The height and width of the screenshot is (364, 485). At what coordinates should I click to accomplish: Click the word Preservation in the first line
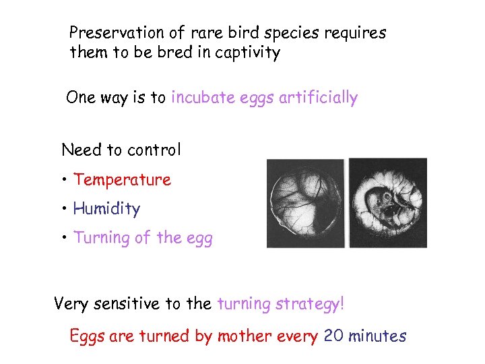coord(117,32)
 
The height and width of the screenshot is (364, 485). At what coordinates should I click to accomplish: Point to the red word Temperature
coord(122,180)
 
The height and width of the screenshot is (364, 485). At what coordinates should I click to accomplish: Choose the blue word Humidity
coord(106,209)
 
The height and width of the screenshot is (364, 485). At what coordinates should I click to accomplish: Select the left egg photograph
coord(305,203)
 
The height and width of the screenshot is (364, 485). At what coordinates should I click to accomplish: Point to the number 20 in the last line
coord(333,336)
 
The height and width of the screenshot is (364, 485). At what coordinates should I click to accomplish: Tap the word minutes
coord(377,336)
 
